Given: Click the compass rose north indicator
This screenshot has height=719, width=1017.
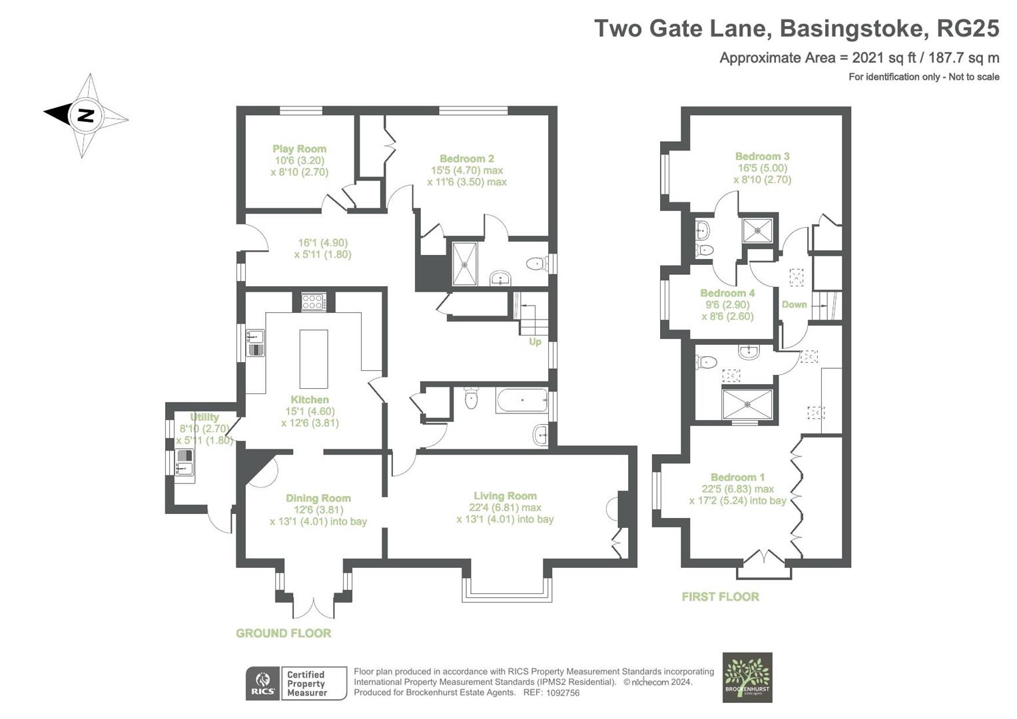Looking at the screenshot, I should pos(85,115).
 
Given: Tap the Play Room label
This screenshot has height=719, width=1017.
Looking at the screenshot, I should pos(299,149).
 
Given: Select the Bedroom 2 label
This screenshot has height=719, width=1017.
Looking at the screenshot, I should pos(466,158).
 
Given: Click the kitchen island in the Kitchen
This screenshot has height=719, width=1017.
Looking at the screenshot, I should pos(314,358).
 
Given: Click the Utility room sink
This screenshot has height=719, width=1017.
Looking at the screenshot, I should pos(184,463).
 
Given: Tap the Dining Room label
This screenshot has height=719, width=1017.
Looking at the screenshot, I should pos(318,498).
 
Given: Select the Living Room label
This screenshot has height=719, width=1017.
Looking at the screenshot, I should pos(505,496).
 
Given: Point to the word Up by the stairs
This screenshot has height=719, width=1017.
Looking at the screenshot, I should pos(535,342).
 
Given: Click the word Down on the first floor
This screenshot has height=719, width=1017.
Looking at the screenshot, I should pos(794,304).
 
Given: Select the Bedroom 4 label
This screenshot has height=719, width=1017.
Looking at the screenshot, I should pos(727,293).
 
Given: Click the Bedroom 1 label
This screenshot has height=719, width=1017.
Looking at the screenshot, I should pos(737,477).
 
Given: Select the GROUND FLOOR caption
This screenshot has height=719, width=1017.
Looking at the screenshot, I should pos(283,633).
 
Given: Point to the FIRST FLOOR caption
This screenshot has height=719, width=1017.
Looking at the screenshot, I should pos(720,597).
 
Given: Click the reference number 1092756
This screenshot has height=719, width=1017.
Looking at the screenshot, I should pos(562,692).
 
